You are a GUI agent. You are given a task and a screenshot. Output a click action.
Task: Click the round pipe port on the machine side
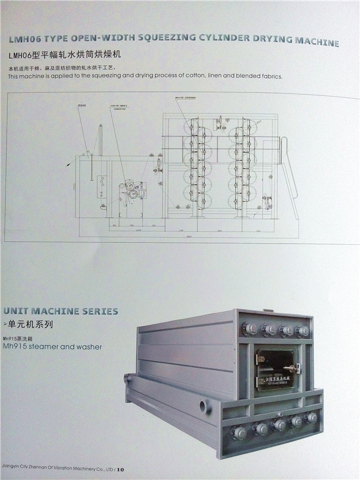pyautogui.click(x=205, y=407)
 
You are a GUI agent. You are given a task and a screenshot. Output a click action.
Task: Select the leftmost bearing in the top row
pyautogui.click(x=248, y=329)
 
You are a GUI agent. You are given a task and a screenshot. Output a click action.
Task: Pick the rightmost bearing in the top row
pyautogui.click(x=303, y=331)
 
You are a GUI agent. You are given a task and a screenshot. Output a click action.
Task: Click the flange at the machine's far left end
pyautogui.click(x=127, y=379)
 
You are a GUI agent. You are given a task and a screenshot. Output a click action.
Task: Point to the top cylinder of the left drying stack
pyautogui.click(x=193, y=125)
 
